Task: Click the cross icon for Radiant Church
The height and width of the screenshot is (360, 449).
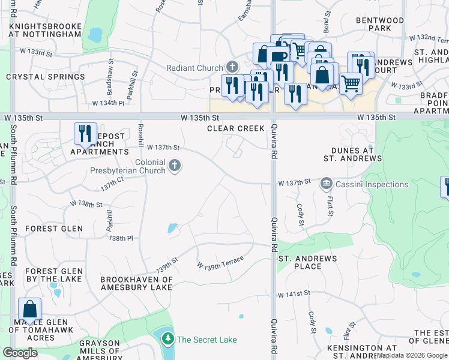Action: [x=232, y=68]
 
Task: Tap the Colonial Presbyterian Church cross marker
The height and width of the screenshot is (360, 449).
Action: [x=175, y=165]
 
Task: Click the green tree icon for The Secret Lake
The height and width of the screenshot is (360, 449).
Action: [x=167, y=340]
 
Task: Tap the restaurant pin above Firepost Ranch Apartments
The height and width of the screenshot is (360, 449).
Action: [x=85, y=133]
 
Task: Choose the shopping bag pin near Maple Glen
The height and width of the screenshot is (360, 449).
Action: [x=30, y=310]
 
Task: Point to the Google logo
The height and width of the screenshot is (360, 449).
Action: [x=20, y=353]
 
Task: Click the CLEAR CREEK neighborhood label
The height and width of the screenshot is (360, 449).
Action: [x=235, y=128]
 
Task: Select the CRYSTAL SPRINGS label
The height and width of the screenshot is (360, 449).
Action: [x=46, y=77]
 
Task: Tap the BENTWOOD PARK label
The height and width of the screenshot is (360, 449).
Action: [x=380, y=24]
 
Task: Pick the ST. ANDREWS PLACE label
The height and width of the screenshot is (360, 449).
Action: [x=307, y=262]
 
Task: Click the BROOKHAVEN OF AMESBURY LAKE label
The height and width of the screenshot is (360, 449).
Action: [x=137, y=283]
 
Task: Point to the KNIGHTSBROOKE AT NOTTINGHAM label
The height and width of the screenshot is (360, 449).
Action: [x=45, y=31]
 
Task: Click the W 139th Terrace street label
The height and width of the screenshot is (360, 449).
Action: [x=220, y=262]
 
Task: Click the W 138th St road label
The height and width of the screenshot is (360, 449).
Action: [x=86, y=204]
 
